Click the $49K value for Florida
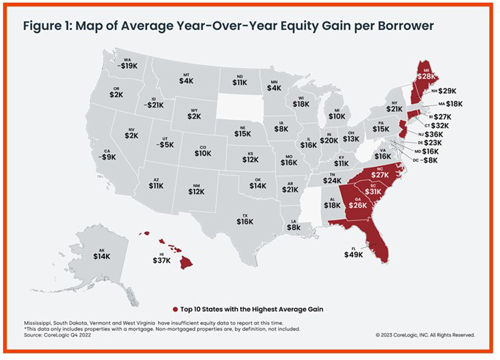click(354, 255)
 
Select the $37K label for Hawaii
click(162, 260)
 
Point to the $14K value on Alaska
click(102, 256)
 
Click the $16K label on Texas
click(245, 221)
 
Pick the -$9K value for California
click(108, 157)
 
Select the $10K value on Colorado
click(203, 154)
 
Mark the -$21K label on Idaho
click(154, 105)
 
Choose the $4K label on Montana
click(187, 80)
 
